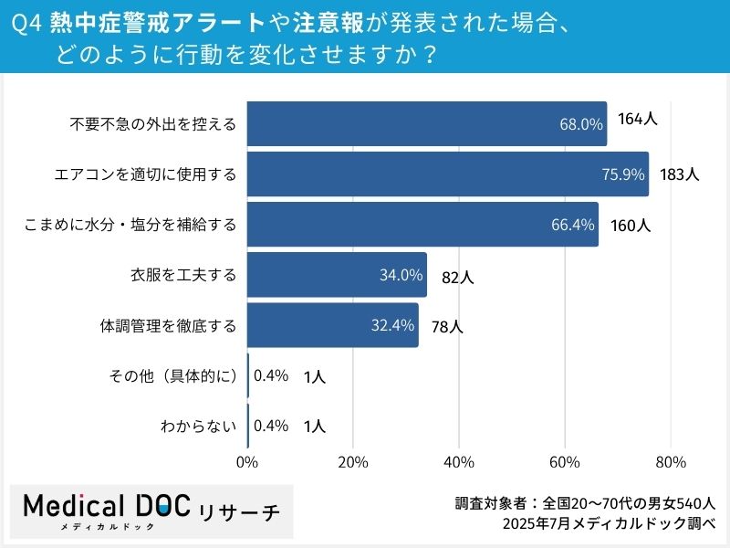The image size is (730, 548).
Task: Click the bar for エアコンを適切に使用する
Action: (x=447, y=174)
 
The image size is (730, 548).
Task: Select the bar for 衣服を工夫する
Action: (x=337, y=275)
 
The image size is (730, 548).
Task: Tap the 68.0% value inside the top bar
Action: (x=581, y=124)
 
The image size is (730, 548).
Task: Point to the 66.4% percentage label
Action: (x=573, y=225)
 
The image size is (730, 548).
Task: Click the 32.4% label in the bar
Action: (x=393, y=325)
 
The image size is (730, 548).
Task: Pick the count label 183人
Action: (x=679, y=174)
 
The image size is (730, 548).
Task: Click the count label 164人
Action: (x=638, y=120)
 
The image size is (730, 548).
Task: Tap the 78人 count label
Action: (x=447, y=326)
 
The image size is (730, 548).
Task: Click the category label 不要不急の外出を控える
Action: (x=153, y=124)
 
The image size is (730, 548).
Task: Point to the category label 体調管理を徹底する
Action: (x=168, y=325)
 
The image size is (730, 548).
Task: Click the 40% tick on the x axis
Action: (x=459, y=462)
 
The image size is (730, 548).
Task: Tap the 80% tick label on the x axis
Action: (x=671, y=462)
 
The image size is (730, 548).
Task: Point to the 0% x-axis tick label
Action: (x=247, y=462)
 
